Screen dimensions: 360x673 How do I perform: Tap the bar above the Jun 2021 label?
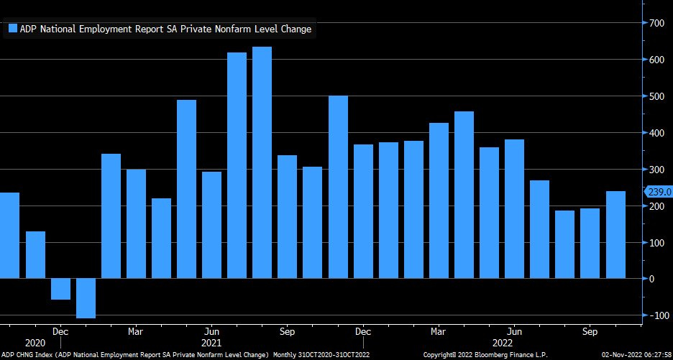point(211,224)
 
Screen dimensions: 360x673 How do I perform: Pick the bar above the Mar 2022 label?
point(439,200)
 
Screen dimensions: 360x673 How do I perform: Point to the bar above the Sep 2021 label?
point(287,216)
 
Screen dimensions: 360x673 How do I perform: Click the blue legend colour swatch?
point(12,29)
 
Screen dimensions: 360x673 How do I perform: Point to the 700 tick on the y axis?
point(655,24)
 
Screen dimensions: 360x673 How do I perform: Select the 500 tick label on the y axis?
point(655,96)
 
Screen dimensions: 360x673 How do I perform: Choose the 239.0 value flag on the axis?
point(659,192)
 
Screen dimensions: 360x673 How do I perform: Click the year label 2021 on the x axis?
point(211,344)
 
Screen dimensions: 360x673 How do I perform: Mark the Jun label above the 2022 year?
point(514,332)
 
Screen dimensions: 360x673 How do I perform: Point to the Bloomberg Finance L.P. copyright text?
point(485,355)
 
